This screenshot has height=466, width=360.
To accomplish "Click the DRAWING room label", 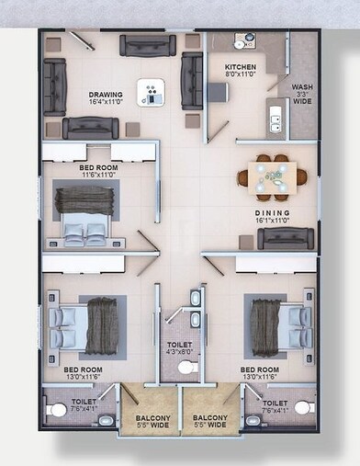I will pyautogui.click(x=107, y=95).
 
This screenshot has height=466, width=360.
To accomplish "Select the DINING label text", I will pyautogui.click(x=273, y=211).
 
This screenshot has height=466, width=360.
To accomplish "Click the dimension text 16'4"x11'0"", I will pyautogui.click(x=107, y=102).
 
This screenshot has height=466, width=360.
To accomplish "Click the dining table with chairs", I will pyautogui.click(x=272, y=176).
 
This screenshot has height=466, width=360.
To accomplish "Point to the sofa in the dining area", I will pyautogui.click(x=286, y=239).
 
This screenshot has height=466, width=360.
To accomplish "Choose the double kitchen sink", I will pyautogui.click(x=275, y=117).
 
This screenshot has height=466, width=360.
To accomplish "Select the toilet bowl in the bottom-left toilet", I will pyautogui.click(x=58, y=409).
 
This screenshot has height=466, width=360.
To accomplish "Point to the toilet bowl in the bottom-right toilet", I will pyautogui.click(x=304, y=407).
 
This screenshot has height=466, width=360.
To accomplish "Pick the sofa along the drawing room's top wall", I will pyautogui.click(x=147, y=45).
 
